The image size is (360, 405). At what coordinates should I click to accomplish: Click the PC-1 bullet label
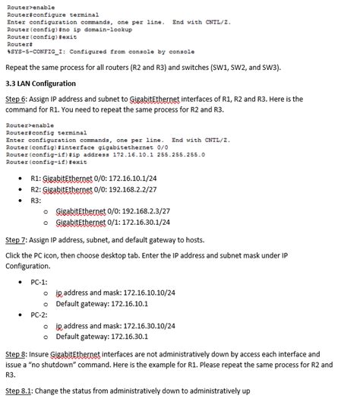pyautogui.click(x=39, y=281)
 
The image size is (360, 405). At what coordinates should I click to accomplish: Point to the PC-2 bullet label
pyautogui.click(x=39, y=314)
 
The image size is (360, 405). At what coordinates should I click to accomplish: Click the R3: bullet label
pyautogui.click(x=36, y=200)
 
